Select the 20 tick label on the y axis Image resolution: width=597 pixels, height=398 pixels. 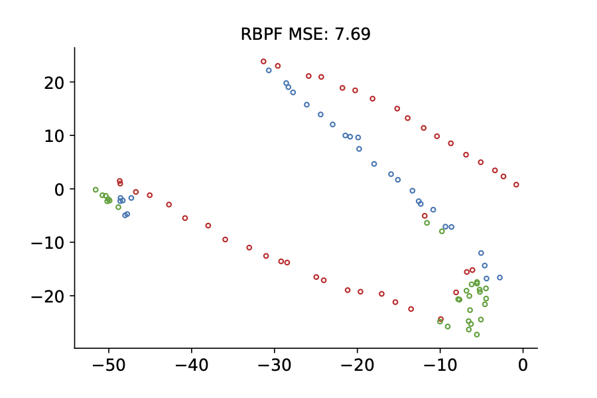tap(55, 82)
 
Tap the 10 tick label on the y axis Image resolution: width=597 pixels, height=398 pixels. tap(55, 135)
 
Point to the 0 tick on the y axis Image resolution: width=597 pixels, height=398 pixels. tap(60, 189)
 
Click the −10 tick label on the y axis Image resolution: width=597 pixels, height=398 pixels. tap(50, 242)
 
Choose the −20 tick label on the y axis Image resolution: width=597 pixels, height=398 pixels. tap(50, 295)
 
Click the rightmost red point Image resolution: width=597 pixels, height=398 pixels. tap(516, 184)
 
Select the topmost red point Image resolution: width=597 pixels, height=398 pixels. tap(263, 62)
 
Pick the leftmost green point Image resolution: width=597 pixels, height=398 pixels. tap(96, 190)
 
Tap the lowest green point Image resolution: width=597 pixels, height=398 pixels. tap(477, 334)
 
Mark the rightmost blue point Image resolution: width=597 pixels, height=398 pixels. tap(499, 277)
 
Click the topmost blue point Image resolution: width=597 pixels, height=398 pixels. tap(269, 70)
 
